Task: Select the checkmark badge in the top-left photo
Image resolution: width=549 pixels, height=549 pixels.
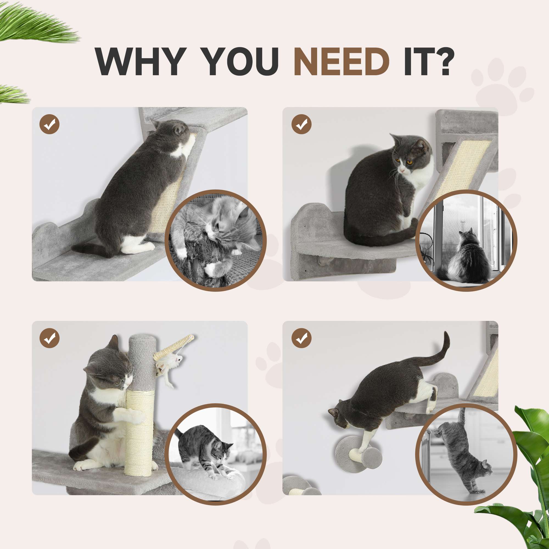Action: [x=49, y=124]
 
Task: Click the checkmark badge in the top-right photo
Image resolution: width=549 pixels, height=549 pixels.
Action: [x=301, y=124]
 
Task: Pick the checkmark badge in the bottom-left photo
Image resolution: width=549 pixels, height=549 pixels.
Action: [x=49, y=338]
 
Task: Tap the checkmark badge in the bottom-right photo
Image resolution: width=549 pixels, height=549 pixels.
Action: [x=301, y=338]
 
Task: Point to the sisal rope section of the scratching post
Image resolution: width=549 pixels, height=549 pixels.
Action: [x=139, y=432]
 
